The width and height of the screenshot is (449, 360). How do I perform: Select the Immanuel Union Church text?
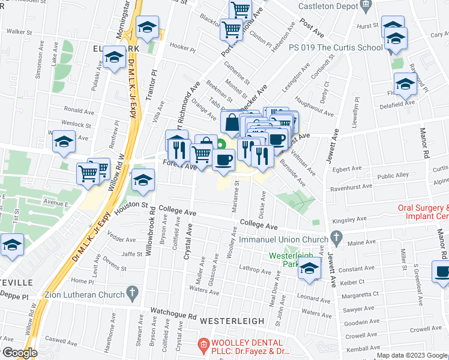point(285,238)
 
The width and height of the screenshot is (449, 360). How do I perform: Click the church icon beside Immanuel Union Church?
point(337,238)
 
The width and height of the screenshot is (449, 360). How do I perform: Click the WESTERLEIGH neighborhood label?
point(232,321)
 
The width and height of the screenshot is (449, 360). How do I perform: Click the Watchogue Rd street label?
point(173,316)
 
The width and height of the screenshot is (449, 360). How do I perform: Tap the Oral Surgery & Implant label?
point(423,212)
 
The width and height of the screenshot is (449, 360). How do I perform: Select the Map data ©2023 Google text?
point(412,355)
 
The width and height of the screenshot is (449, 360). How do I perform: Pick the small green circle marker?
point(221,143)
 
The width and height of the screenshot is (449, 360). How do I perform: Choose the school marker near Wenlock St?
point(64,142)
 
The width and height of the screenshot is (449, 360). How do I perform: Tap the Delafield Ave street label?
point(401,103)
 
